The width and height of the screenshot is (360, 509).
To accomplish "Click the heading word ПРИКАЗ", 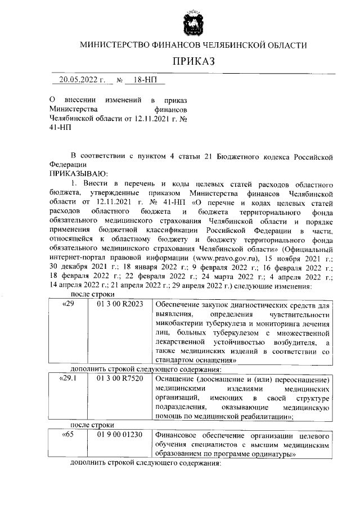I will tap(193, 61).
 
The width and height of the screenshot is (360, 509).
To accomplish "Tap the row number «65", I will tap(67, 435).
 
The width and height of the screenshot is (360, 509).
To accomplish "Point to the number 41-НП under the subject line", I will tap(58, 128).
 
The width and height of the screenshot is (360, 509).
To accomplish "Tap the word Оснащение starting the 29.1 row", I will tap(174, 379).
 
